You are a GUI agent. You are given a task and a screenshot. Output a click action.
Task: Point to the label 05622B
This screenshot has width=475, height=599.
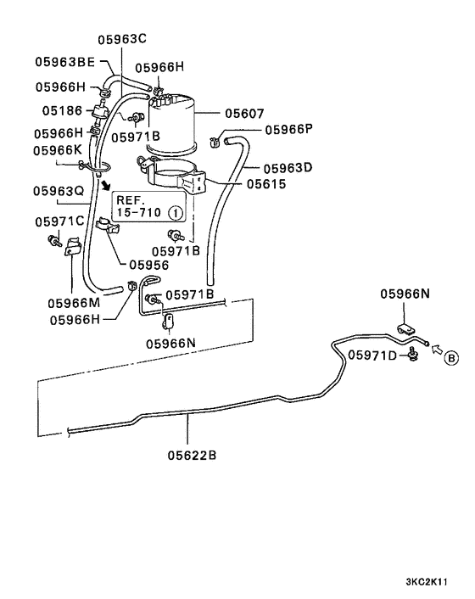point(191,455)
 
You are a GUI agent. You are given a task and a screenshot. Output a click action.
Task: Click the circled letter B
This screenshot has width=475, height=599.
point(451,358)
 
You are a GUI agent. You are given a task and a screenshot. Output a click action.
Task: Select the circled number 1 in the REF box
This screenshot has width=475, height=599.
point(174,213)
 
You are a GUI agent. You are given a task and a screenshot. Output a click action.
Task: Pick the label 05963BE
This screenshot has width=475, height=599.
point(64,61)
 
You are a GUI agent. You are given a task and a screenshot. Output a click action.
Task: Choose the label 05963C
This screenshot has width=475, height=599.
point(122,39)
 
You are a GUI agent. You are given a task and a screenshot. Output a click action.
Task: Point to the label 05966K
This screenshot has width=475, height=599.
point(59,149)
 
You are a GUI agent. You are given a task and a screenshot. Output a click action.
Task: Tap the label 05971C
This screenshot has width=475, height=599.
point(59,221)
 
